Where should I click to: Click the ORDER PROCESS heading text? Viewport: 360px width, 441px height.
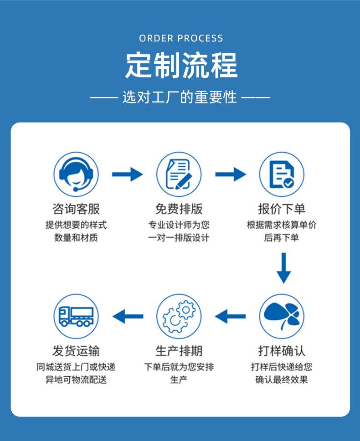(181, 38)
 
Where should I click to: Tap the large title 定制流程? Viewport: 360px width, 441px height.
(181, 65)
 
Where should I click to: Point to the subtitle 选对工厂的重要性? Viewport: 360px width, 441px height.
(180, 97)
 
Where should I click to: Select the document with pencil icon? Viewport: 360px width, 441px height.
(179, 174)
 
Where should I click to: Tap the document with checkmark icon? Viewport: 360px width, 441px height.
(282, 174)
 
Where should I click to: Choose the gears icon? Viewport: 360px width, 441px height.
(179, 317)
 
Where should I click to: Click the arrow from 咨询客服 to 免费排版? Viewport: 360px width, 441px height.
(128, 174)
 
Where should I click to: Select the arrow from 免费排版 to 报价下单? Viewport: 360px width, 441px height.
(231, 174)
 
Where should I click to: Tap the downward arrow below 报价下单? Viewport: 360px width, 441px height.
(284, 268)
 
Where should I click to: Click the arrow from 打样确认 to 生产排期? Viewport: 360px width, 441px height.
(230, 317)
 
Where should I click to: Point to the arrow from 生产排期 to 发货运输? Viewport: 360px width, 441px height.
(128, 317)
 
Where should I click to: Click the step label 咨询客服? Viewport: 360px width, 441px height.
(76, 209)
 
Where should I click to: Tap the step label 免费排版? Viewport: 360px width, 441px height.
(179, 209)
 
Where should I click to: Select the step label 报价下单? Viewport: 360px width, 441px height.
(282, 209)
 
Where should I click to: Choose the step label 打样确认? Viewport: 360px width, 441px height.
(282, 351)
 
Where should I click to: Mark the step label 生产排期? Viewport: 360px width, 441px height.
(179, 351)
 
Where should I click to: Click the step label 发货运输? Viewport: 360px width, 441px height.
(76, 351)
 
